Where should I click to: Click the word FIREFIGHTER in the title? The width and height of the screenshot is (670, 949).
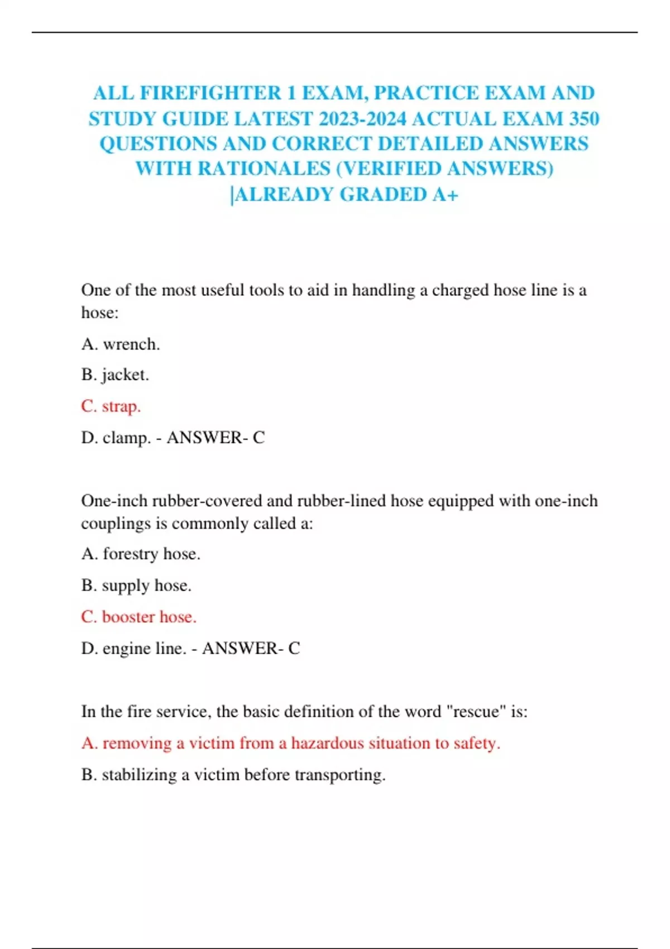pos(210,93)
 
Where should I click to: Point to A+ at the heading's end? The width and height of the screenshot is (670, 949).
pos(445,194)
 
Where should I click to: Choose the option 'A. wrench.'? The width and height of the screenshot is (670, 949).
pos(121,344)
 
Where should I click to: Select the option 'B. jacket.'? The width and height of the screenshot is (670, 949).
pos(115,375)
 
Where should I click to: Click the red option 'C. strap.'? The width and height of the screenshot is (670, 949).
pos(111,406)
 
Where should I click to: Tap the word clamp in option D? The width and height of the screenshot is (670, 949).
pos(126,438)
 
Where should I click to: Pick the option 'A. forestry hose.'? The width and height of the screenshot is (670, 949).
pos(141,554)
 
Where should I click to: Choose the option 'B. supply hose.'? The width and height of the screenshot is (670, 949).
pos(136,585)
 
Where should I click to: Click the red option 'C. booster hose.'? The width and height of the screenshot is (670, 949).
pos(138,617)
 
